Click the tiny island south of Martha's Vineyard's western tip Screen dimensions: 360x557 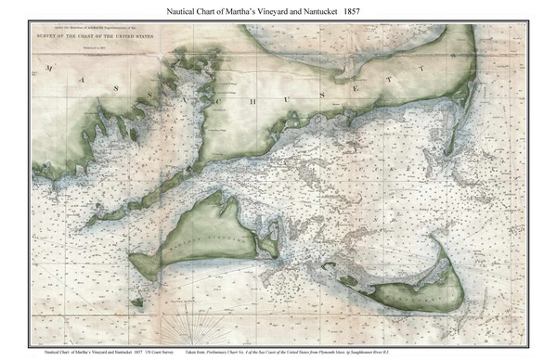tap(138, 301)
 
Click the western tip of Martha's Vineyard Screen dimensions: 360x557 tap(134, 263)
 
